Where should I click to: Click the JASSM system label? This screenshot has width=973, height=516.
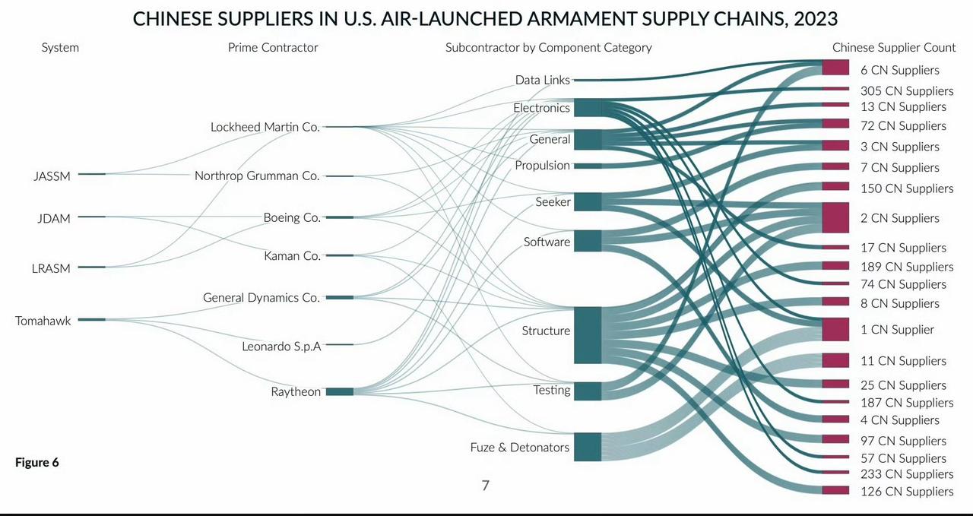point(52,176)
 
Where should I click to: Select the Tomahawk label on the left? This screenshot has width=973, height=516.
point(43,321)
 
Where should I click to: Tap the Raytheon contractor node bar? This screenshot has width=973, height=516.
point(340,391)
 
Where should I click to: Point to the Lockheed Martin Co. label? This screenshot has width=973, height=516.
point(265,127)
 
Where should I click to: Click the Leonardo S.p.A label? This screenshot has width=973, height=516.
point(281,347)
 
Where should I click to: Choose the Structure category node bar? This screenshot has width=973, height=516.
point(588,335)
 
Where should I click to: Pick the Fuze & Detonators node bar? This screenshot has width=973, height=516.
point(588,447)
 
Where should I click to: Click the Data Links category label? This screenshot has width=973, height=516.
point(543,80)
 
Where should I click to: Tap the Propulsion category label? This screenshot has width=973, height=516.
point(543,166)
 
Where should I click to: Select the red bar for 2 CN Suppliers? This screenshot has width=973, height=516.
point(835,217)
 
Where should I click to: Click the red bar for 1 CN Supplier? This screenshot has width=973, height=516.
point(835,329)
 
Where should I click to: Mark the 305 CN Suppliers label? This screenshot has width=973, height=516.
point(907,90)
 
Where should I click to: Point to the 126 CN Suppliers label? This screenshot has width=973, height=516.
point(907,491)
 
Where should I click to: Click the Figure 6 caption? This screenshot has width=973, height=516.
point(37,462)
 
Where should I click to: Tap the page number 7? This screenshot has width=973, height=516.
point(486,485)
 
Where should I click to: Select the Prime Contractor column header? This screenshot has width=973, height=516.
point(273,47)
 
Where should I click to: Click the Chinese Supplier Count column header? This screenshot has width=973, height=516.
point(894,47)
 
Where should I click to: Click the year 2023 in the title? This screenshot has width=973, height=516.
point(816,19)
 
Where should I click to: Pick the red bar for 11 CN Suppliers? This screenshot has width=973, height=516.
point(835,360)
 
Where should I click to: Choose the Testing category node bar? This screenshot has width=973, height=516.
point(588,391)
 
